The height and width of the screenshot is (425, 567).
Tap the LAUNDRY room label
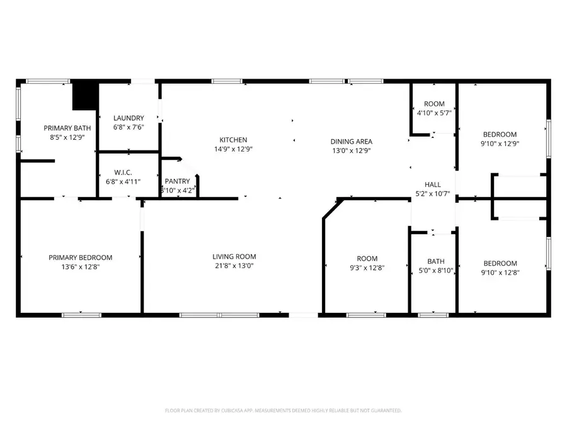pos(129,118)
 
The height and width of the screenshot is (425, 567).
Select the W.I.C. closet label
pos(122,172)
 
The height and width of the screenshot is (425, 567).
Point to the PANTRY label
pos(177,181)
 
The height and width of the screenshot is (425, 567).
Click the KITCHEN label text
pos(233,140)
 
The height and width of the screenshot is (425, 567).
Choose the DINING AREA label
pos(352,142)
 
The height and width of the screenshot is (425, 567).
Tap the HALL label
pos(432,184)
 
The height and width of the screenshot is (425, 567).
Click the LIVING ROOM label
pos(234,257)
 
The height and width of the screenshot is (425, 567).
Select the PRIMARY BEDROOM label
pos(81,258)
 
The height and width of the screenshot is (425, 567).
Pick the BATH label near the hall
pos(436,261)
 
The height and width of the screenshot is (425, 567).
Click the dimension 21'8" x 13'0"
pos(234,266)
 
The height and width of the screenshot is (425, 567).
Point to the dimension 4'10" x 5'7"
pos(434,113)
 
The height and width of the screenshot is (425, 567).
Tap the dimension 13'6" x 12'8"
pos(81,267)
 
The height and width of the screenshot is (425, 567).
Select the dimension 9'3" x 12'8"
pos(367,268)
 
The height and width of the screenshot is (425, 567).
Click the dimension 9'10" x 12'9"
pos(500,144)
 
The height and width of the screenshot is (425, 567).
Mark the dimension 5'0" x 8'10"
pos(436,271)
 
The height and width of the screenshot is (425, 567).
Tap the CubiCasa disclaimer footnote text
pos(283,411)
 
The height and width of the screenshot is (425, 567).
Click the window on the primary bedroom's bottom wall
pos(81,314)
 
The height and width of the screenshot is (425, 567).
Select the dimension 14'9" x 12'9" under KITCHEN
pos(233,149)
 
